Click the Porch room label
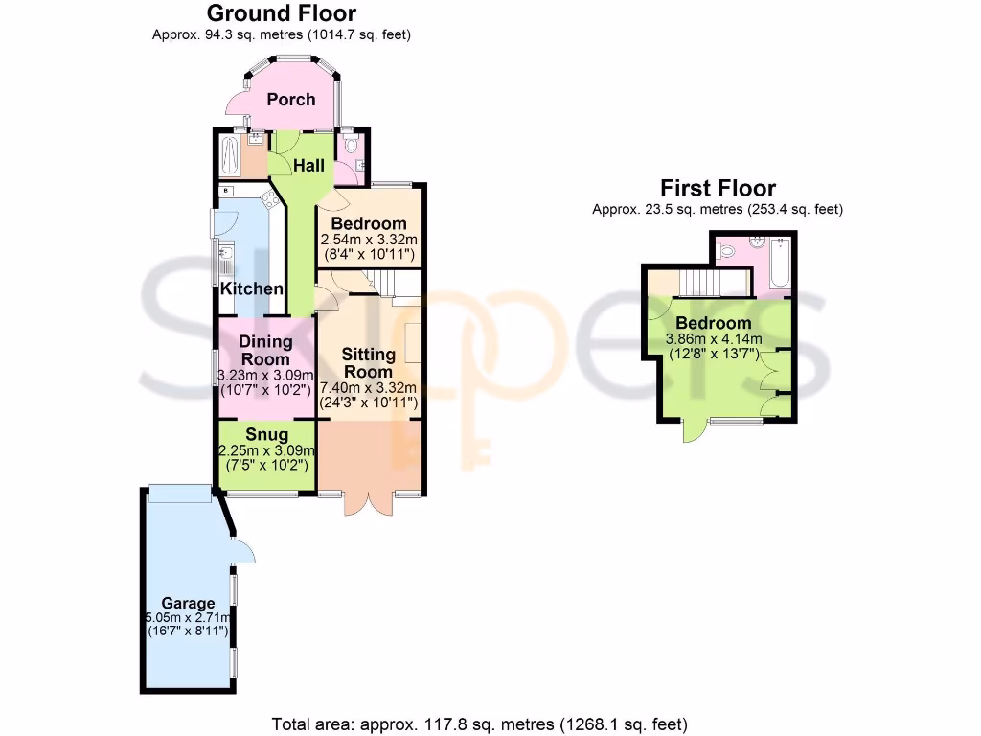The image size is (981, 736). coord(290,99)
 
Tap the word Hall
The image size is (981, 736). coord(308,165)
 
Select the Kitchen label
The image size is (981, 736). coord(252,288)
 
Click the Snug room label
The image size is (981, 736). coord(266,434)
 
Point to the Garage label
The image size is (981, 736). coord(188,603)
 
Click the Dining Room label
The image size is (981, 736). coord(265,350)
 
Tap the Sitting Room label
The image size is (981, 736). coord(369,363)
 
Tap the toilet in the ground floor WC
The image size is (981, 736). coord(352,146)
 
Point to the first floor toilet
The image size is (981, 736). coord(727,252)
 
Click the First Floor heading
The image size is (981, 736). coord(718,188)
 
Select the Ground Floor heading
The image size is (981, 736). coord(282,13)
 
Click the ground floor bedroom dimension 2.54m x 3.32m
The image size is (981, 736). coord(369,239)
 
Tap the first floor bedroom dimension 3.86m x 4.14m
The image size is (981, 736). coord(715,339)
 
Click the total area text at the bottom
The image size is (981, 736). coord(480,724)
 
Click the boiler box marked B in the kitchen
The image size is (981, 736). coord(226,192)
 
